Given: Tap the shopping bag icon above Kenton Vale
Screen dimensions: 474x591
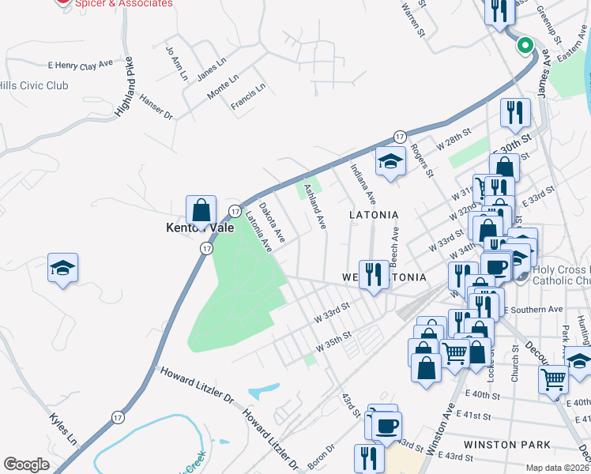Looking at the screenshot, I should pyautogui.click(x=201, y=210).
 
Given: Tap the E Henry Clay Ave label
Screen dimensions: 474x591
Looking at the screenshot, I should pyautogui.click(x=81, y=62).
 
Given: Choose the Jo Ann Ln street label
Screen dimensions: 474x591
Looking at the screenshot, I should pyautogui.click(x=176, y=64).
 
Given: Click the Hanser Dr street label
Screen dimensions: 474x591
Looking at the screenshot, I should pyautogui.click(x=156, y=107).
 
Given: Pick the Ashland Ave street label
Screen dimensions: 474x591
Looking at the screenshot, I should pyautogui.click(x=314, y=207).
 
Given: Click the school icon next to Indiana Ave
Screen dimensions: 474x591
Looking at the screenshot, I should pyautogui.click(x=390, y=162).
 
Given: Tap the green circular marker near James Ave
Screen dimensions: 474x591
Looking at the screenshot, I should pyautogui.click(x=525, y=46).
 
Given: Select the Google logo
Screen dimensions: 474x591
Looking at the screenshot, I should pyautogui.click(x=26, y=465).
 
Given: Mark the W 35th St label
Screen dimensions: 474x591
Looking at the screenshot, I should pyautogui.click(x=333, y=346).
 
